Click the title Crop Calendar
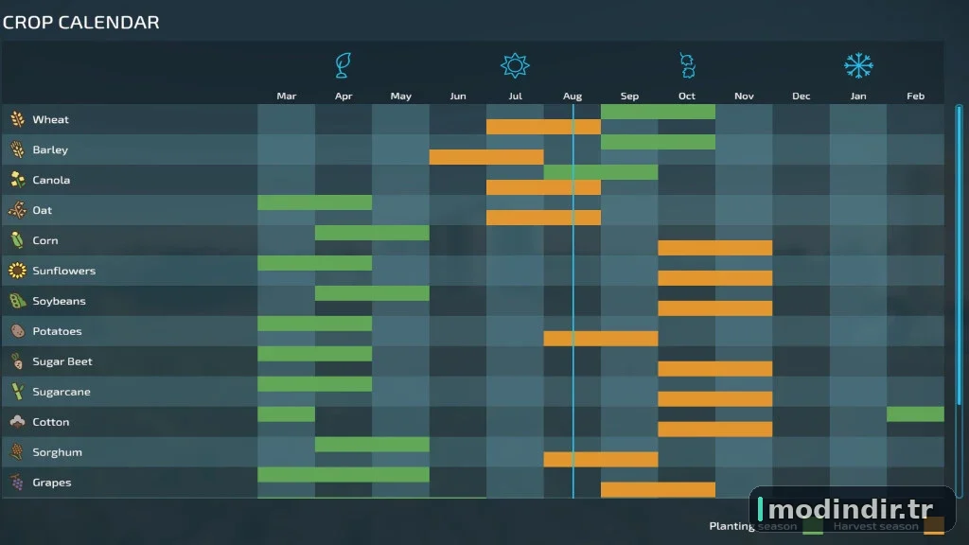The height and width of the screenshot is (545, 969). (81, 23)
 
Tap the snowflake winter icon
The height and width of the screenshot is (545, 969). (858, 65)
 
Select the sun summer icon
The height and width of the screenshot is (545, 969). (515, 65)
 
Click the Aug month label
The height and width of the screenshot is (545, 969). (573, 96)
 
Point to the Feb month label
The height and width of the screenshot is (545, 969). (915, 96)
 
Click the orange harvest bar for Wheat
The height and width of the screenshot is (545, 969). (543, 127)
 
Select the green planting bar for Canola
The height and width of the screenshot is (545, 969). (601, 172)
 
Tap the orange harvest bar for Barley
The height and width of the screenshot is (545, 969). (486, 157)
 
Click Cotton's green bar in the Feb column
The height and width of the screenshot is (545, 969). (915, 414)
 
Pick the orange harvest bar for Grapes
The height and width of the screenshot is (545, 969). (659, 490)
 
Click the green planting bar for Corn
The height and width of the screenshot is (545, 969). (372, 233)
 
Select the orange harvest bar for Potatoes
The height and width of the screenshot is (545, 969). (601, 339)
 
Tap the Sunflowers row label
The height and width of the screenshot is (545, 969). (64, 271)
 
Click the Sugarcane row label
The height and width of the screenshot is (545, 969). (62, 392)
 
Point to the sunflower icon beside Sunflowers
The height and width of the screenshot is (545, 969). (17, 271)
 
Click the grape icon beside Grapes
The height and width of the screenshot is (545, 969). (17, 482)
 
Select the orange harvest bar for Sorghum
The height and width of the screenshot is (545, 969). (601, 460)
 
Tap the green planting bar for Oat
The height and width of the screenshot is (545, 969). (314, 202)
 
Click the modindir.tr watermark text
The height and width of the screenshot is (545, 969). (851, 510)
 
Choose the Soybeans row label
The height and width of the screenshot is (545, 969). (59, 301)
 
